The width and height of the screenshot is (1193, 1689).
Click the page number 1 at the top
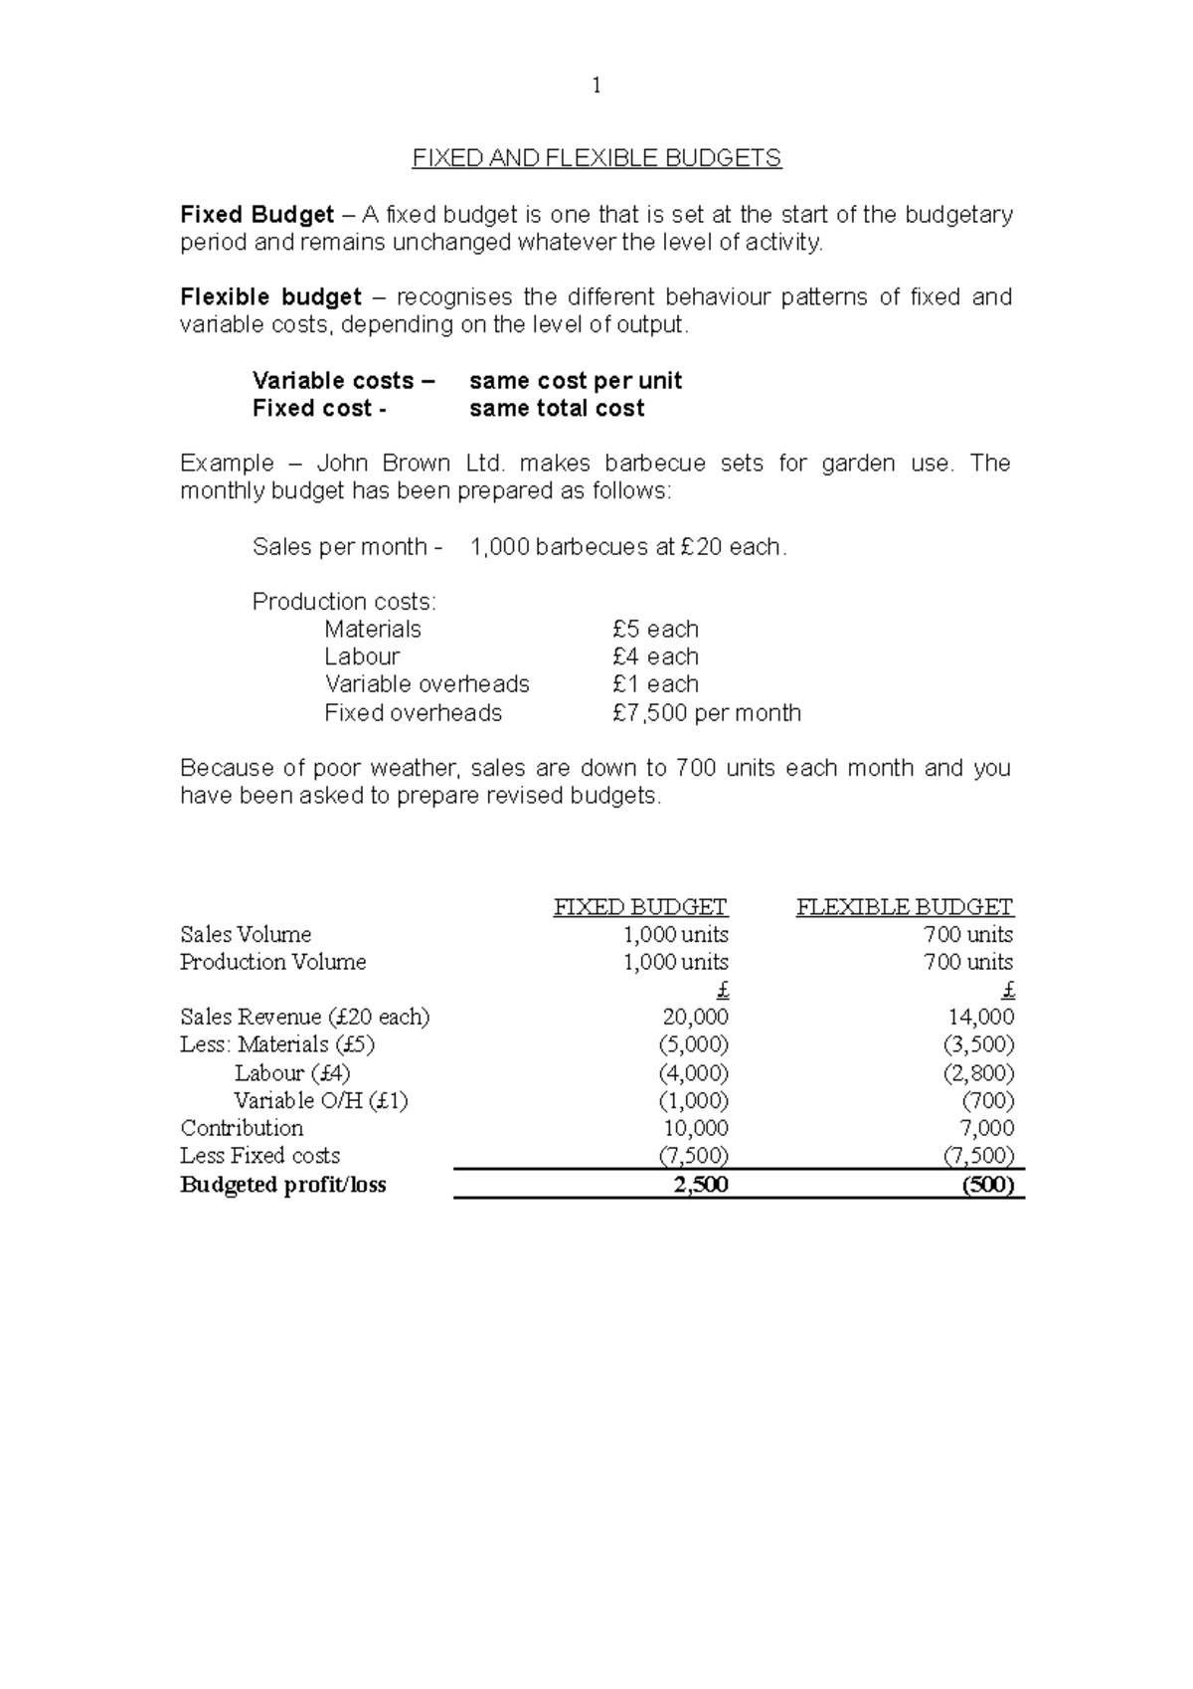[596, 87]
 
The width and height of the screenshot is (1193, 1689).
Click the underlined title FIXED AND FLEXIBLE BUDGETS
[596, 158]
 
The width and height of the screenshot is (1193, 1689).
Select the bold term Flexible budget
[270, 297]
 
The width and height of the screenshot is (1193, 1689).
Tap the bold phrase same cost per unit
[576, 381]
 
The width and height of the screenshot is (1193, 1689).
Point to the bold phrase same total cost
[557, 409]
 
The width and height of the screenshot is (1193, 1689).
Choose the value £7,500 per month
[707, 713]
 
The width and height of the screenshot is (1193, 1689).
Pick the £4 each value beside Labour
[655, 657]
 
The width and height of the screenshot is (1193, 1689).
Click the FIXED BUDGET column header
[640, 907]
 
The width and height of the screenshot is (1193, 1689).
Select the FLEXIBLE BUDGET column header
[904, 907]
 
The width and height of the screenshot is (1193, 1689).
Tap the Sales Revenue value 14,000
[981, 1018]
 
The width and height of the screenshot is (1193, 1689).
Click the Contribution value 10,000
[695, 1128]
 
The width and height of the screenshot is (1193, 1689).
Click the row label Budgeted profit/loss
[283, 1185]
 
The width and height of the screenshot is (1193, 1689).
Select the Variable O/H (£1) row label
[320, 1101]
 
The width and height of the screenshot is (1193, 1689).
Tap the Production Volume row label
[272, 962]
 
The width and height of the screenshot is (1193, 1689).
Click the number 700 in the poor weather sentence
[693, 769]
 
